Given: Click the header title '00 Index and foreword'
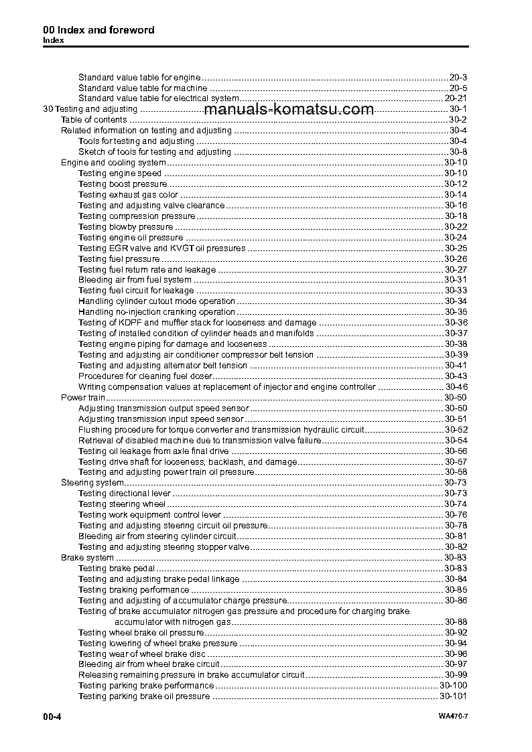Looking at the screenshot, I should coord(98,30).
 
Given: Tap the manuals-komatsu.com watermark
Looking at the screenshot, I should coord(288,110).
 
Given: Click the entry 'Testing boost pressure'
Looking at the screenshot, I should coord(123,184).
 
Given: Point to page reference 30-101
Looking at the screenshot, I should coord(453,696).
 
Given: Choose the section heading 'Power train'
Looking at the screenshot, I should coord(82,398).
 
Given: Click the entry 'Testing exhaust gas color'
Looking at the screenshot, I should coord(128,195).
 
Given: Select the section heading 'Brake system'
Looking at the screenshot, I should coord(87,558).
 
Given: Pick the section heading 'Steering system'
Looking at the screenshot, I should coord(92,483).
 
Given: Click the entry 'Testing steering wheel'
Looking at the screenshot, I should coord(122,504).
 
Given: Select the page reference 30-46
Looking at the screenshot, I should coord(456,387).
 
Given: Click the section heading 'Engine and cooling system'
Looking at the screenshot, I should coord(113,163).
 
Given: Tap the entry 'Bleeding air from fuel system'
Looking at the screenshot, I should coord(135,280).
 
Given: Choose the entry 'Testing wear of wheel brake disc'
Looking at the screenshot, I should coord(141,654).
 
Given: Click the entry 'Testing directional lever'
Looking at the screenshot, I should coord(125,494).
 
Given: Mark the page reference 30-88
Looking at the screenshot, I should coord(456,622).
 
